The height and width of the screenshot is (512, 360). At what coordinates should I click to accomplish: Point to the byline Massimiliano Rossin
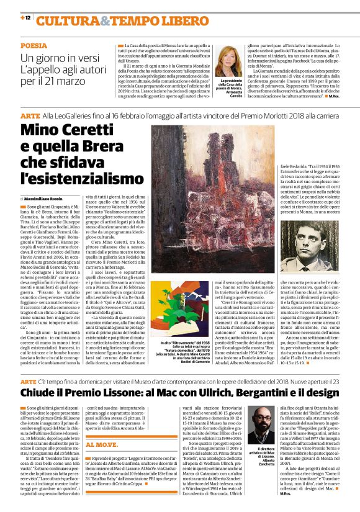pos(48,197)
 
